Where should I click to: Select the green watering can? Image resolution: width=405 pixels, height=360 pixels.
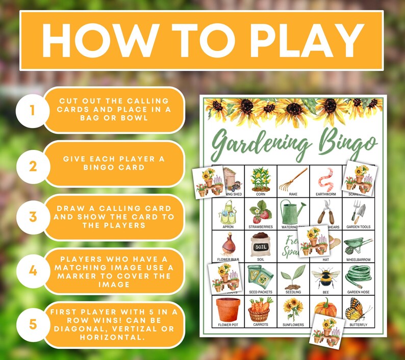[x=292, y=211]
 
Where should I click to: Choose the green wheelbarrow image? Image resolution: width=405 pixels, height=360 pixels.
[x=358, y=245]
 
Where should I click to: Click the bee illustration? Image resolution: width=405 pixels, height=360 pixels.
[x=325, y=277]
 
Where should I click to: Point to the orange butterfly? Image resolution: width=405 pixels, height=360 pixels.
[x=358, y=309]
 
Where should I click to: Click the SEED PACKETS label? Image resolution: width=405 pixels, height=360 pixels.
[x=260, y=292]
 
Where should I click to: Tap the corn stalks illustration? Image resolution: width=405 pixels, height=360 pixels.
[x=260, y=178]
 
